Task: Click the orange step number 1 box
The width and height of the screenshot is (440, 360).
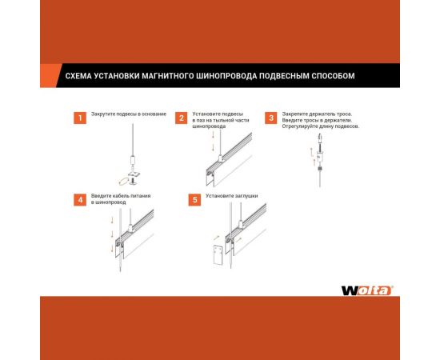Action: point(79,118)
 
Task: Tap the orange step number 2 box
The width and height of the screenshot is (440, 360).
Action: point(182,118)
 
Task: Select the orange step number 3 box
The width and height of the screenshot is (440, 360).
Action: point(271,118)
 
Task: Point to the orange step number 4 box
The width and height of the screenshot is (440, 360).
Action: point(79,199)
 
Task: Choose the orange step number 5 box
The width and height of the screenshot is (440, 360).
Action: point(194,199)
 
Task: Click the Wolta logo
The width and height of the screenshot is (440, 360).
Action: point(366,290)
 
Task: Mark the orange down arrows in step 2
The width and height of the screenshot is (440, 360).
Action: point(213,145)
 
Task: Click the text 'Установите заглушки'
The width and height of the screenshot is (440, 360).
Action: point(231,195)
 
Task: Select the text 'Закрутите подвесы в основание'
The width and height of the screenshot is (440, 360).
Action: point(128,114)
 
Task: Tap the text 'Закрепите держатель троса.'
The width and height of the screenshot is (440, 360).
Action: point(318,114)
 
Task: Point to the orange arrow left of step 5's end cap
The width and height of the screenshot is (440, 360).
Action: point(216,238)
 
